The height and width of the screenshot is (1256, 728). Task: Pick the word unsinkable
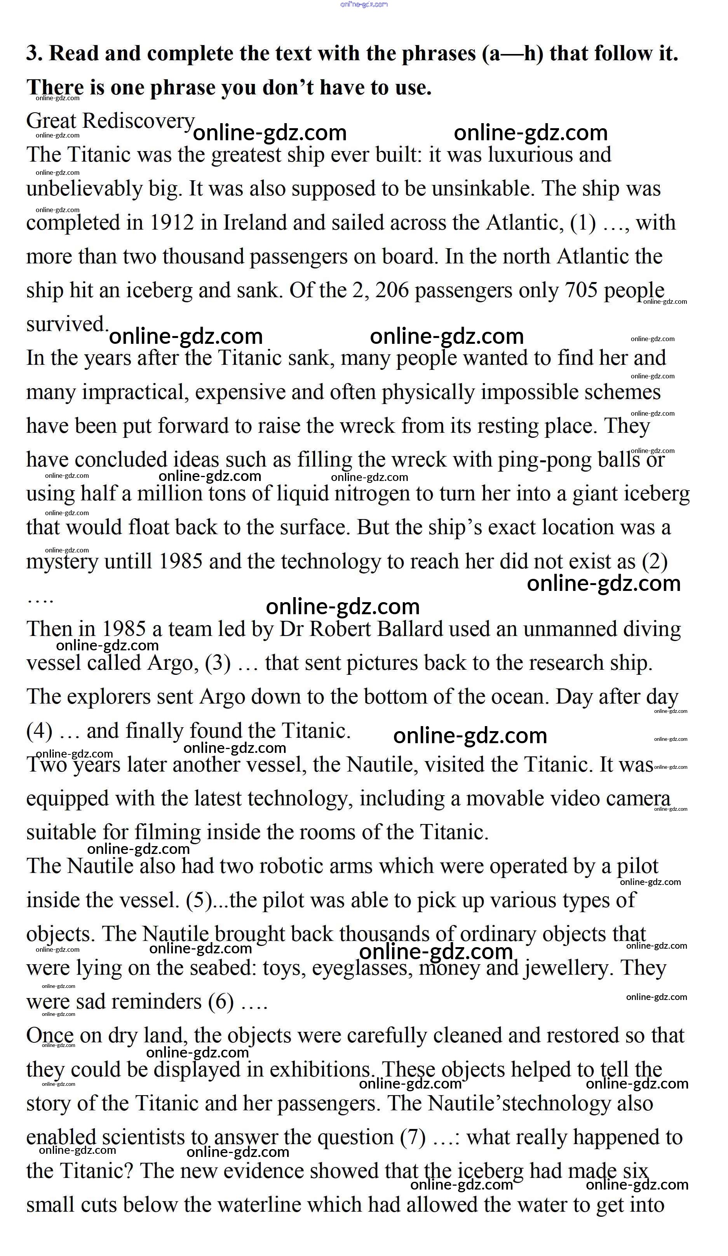tap(483, 189)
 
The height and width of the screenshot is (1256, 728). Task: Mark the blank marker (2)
tap(654, 562)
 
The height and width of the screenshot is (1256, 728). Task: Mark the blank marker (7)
tap(413, 1138)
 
